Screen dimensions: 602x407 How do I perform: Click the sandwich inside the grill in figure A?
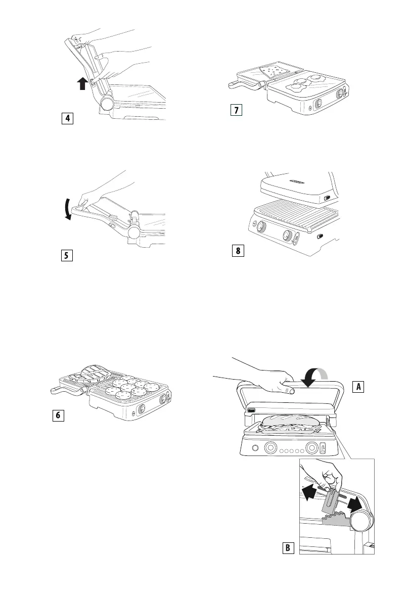click(x=290, y=421)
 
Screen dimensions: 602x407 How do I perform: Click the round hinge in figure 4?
click(x=107, y=105)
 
